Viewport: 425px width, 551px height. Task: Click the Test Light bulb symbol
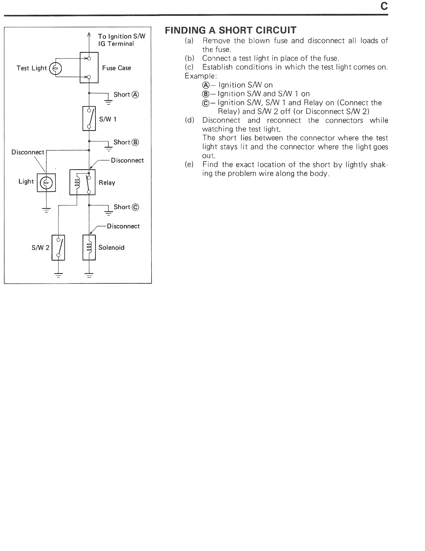[x=55, y=68]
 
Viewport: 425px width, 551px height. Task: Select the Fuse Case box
[x=89, y=68]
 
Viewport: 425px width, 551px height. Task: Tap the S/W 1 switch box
[x=89, y=118]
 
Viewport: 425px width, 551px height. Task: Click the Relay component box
[x=82, y=182]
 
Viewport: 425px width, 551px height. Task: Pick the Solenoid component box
[x=89, y=247]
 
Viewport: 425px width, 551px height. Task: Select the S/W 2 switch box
[x=58, y=247]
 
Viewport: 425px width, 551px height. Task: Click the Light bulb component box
[x=46, y=183]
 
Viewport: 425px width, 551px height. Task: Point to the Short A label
[x=126, y=95]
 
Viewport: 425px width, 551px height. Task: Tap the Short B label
[x=126, y=142]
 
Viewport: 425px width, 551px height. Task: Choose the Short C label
[x=126, y=207]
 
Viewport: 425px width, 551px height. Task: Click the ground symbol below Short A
[x=108, y=102]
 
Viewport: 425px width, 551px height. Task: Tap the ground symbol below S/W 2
[x=58, y=275]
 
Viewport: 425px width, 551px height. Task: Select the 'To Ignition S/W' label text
[x=122, y=36]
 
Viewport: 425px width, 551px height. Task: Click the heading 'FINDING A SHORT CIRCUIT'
[x=230, y=30]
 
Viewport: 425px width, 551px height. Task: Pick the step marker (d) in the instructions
[x=189, y=120]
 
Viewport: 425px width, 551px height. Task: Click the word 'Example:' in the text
[x=201, y=76]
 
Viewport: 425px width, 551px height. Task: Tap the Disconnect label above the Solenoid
[x=123, y=226]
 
